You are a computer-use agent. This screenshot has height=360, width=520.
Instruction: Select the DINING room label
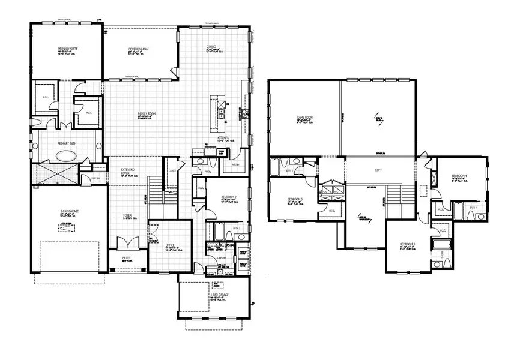tap(211, 46)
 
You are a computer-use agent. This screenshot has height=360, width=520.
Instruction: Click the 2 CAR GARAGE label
tap(70, 211)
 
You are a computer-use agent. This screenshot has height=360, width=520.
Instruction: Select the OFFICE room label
tap(171, 245)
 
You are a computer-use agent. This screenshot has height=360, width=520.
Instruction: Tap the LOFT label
tap(379, 170)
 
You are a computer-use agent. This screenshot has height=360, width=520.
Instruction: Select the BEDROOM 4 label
tap(460, 176)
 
